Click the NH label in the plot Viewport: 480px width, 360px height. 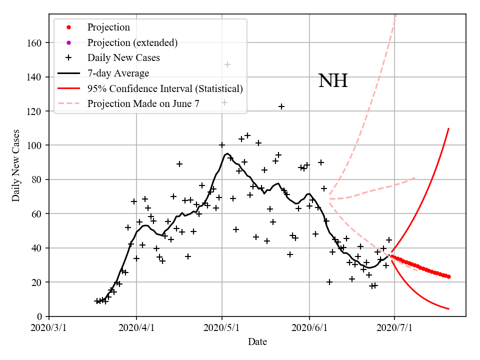(332, 80)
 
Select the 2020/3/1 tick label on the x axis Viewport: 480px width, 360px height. (49, 328)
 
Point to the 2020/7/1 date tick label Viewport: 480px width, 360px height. (394, 328)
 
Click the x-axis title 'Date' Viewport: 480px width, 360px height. (257, 342)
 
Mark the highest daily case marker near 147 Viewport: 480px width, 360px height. (227, 64)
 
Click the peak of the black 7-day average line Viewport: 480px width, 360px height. (227, 153)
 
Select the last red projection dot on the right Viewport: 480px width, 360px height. (448, 276)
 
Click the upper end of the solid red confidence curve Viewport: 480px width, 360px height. (448, 128)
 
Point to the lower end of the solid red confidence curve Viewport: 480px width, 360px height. (448, 309)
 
